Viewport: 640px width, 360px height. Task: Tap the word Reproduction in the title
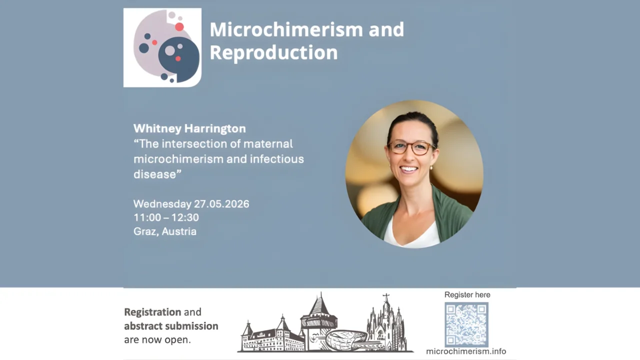coord(273,52)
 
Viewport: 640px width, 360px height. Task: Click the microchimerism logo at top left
coord(162,47)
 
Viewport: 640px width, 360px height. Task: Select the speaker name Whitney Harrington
coord(189,128)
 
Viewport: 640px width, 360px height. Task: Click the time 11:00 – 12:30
coord(166,217)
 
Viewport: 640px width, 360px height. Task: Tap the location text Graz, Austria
coord(164,231)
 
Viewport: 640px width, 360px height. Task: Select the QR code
coord(466,324)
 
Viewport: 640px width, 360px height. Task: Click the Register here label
coord(467,295)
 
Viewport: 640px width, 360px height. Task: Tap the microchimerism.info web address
coord(465,351)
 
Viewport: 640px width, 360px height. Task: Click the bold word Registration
coord(152,312)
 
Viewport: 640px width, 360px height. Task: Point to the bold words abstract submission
coord(171,326)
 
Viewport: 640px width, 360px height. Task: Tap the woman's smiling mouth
coord(409,169)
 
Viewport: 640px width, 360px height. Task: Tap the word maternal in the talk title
coord(267,144)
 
